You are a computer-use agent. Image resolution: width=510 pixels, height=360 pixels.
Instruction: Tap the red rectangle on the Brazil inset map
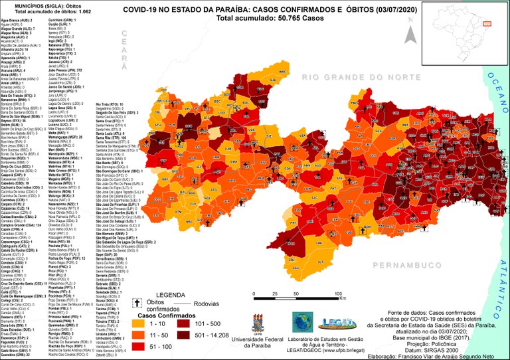(486, 23)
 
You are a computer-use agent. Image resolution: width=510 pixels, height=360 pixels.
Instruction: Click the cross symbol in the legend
(139, 302)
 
